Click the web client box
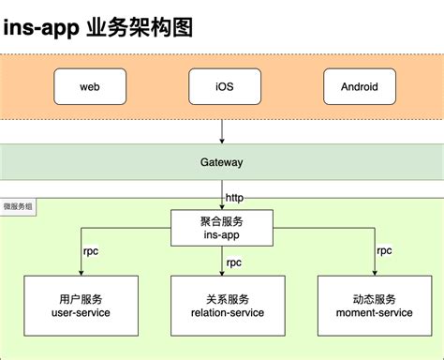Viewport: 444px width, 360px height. tap(90, 86)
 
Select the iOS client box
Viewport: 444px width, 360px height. tap(222, 86)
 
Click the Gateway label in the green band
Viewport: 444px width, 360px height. tap(222, 162)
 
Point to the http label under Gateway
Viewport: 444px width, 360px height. tap(235, 198)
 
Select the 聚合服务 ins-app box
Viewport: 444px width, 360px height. tap(222, 227)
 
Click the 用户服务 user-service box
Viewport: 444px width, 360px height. tap(79, 305)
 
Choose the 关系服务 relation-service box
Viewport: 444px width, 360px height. tap(222, 305)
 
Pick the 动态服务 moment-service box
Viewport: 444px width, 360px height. tap(364, 305)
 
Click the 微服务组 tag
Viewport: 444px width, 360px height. tap(18, 204)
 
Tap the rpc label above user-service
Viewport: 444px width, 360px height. tap(91, 251)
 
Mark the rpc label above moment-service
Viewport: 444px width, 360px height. tap(384, 251)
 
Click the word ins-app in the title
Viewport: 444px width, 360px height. tap(43, 27)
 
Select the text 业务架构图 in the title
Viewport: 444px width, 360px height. tap(141, 27)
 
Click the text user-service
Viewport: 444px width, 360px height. tap(79, 312)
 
